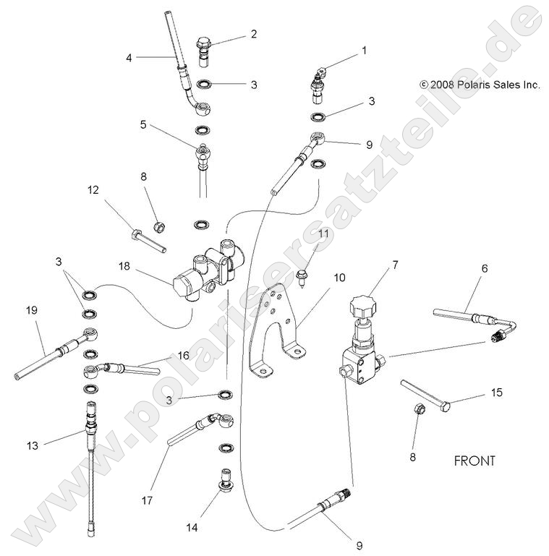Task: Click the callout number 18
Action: (125, 266)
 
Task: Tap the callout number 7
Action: (395, 265)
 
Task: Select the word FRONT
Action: (474, 461)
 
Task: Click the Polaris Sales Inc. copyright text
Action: (480, 85)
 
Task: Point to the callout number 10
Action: (339, 277)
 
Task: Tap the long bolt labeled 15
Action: (426, 395)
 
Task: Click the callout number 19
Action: (32, 310)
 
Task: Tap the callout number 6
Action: (484, 268)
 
